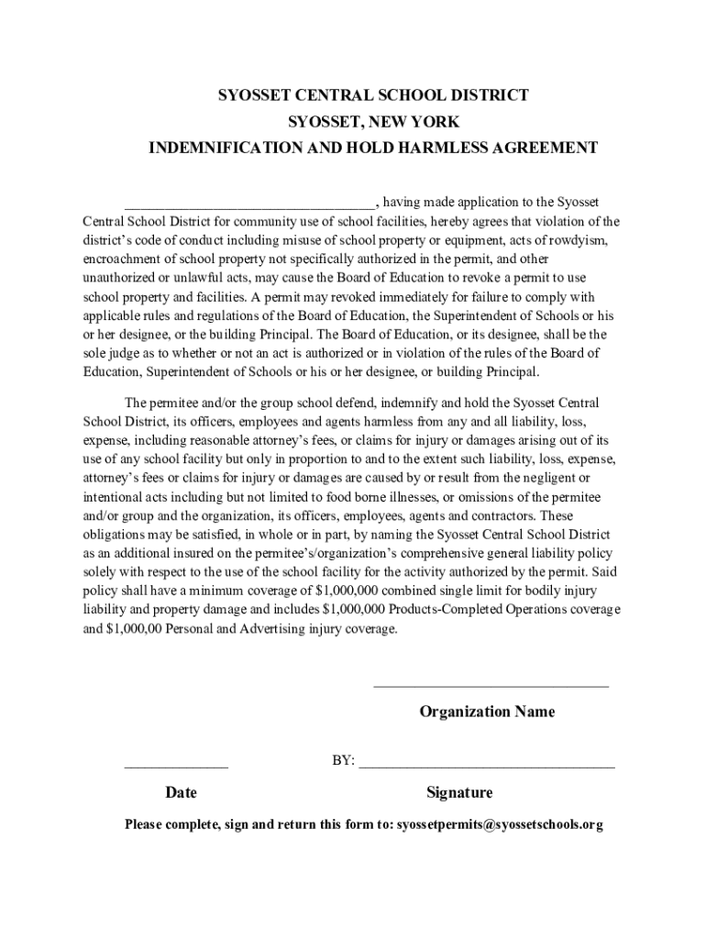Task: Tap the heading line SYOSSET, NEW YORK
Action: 374,121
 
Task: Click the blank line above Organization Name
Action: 491,685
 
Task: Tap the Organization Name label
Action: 487,712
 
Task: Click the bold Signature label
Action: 459,792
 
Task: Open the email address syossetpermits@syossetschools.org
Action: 500,824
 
